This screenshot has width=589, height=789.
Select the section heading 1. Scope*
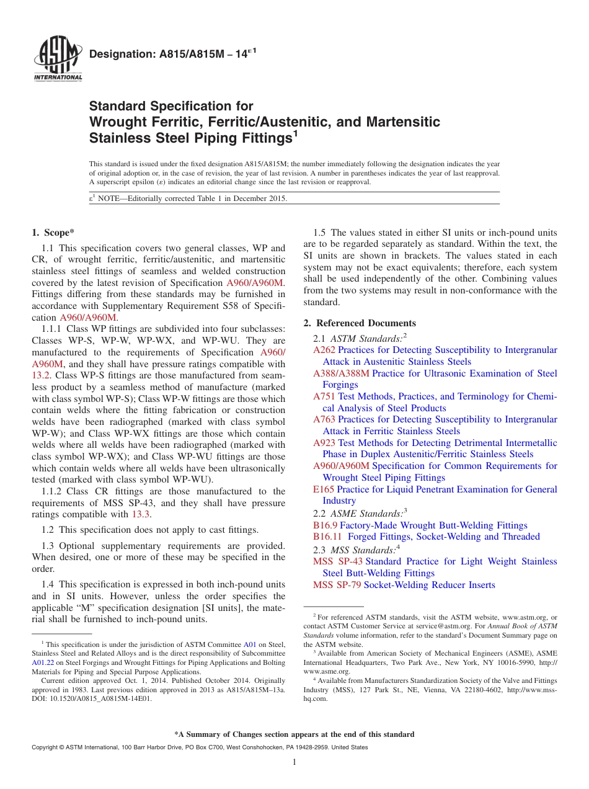(53, 233)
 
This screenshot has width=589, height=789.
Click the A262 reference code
(324, 350)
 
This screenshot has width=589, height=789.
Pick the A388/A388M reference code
(341, 373)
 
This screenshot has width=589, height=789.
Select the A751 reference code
(324, 396)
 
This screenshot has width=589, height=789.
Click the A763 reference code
(324, 420)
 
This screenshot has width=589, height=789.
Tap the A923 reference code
(324, 443)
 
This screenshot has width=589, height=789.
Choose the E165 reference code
(324, 489)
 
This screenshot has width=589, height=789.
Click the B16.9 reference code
(325, 525)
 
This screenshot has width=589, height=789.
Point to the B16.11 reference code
(327, 537)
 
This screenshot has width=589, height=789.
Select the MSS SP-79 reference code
(337, 585)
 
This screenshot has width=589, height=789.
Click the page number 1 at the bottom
(294, 762)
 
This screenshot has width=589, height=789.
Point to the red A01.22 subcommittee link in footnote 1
(43, 662)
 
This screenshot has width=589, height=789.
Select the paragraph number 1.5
(320, 233)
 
